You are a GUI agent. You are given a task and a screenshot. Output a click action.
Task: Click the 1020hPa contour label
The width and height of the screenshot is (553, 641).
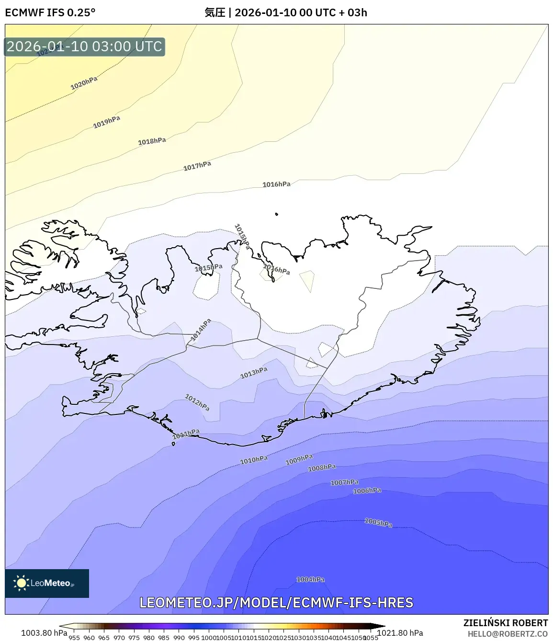pos(84,83)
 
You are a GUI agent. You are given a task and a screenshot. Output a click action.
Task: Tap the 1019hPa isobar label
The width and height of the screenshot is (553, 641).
pos(106,122)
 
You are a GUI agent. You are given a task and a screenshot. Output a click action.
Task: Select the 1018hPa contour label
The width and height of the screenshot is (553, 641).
pos(152,141)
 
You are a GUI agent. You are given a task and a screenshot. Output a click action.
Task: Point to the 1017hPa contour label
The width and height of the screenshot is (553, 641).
pos(197,166)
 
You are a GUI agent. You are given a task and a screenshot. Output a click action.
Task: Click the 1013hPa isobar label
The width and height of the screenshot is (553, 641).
pos(254,373)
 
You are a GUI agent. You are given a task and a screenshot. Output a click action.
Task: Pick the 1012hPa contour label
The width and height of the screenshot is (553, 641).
pos(197,402)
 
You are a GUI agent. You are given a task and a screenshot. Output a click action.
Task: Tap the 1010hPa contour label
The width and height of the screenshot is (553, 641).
pos(254,460)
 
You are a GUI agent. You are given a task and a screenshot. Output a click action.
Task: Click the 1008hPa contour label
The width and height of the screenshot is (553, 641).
pos(322,468)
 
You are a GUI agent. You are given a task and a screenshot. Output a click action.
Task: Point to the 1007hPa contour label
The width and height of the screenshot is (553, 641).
pos(344,482)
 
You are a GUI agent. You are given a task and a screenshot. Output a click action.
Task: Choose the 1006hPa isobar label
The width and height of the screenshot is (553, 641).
pos(367,491)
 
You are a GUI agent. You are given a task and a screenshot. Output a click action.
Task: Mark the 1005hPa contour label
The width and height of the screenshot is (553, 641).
pos(378,523)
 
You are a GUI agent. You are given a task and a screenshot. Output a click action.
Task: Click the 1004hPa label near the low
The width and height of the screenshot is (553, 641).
pos(310,580)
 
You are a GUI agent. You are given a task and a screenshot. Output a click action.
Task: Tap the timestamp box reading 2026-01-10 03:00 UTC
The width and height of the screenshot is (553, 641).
pos(85,46)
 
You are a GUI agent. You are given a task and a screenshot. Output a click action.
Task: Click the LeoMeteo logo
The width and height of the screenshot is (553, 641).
pos(47,583)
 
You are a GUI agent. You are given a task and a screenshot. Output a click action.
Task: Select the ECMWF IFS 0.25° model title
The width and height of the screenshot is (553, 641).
pos(50,12)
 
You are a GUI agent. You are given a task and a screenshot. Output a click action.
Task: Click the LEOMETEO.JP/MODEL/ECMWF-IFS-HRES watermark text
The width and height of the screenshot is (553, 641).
pos(276,602)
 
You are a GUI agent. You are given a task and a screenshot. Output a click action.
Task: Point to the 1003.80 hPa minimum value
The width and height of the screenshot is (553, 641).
pos(44,633)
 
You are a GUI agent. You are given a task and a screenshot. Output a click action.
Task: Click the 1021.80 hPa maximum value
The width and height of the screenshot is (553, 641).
pos(400,633)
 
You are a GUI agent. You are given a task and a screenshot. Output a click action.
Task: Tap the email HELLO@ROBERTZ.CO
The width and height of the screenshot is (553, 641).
pos(508,634)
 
